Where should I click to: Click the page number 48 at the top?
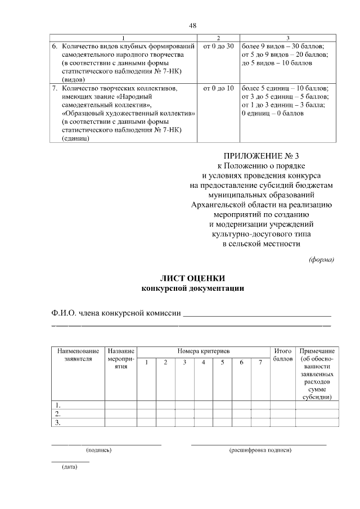192,26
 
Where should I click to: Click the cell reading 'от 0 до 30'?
218,46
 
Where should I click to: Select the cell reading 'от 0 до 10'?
218,88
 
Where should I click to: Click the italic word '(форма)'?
321,259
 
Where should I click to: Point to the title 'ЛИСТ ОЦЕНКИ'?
192,278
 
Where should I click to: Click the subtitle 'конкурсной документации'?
192,288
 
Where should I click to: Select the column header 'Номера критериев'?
204,350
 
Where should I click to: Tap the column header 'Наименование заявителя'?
78,354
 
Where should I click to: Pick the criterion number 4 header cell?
203,362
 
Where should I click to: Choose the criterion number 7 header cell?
260,362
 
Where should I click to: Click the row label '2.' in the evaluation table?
57,413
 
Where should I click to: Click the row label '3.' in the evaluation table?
57,422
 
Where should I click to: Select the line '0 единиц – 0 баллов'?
272,114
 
